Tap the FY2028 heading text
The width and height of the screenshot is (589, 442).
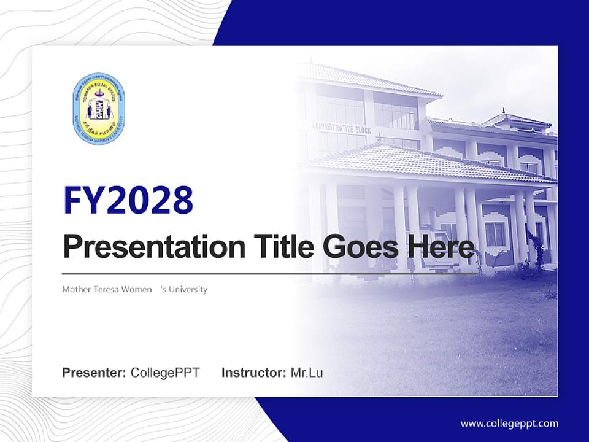coord(128,200)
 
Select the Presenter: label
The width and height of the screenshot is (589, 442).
coord(94,373)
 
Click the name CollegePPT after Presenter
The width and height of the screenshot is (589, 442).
coord(165,373)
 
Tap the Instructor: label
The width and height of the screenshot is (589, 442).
coord(253,373)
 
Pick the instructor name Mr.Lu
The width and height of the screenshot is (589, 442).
coord(307,373)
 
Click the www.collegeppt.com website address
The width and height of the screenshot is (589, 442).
coord(509,423)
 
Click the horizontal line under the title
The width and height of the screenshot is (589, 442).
coord(270,273)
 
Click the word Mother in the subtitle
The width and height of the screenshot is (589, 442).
coord(74,289)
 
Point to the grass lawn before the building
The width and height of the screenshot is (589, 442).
coord(442,331)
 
